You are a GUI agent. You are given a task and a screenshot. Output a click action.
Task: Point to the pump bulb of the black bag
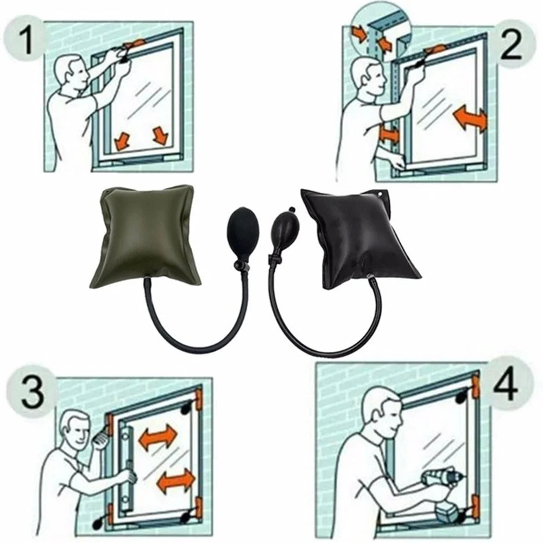click(285, 229)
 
